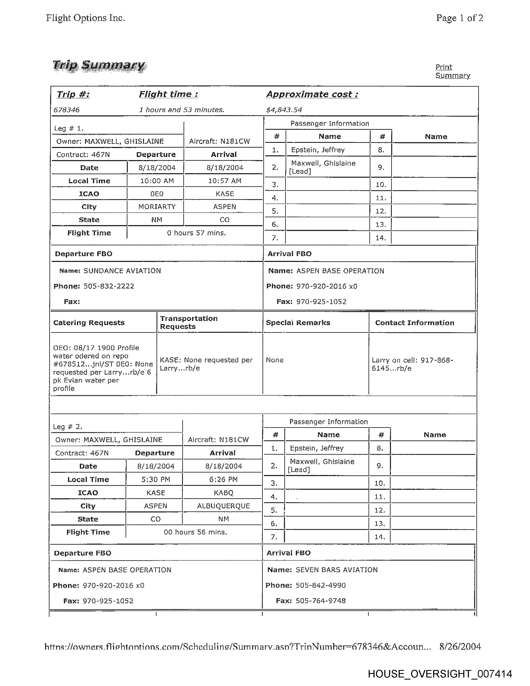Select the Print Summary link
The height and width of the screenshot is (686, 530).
pos(452,71)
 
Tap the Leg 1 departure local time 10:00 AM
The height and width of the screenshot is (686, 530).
pos(157,181)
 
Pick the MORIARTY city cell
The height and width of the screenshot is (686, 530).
pos(157,207)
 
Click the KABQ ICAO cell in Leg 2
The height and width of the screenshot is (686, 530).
pos(223,492)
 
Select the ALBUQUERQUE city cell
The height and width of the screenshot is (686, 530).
pos(223,506)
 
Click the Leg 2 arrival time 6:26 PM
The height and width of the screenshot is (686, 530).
pos(223,479)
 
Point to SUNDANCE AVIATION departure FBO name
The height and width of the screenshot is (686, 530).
pos(122,271)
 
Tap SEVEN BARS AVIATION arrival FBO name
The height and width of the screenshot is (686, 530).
pos(336,570)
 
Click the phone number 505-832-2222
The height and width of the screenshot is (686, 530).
pos(109,286)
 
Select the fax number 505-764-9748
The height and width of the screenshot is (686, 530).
pos(320,601)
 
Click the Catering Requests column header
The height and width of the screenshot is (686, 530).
pos(89,323)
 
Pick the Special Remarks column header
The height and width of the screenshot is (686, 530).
pos(298,323)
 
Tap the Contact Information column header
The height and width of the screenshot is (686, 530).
pos(414,323)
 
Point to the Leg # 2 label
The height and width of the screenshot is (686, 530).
pos(68,427)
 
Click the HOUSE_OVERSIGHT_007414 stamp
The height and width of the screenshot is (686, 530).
pos(440,674)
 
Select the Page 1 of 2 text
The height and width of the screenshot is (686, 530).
pos(459,18)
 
